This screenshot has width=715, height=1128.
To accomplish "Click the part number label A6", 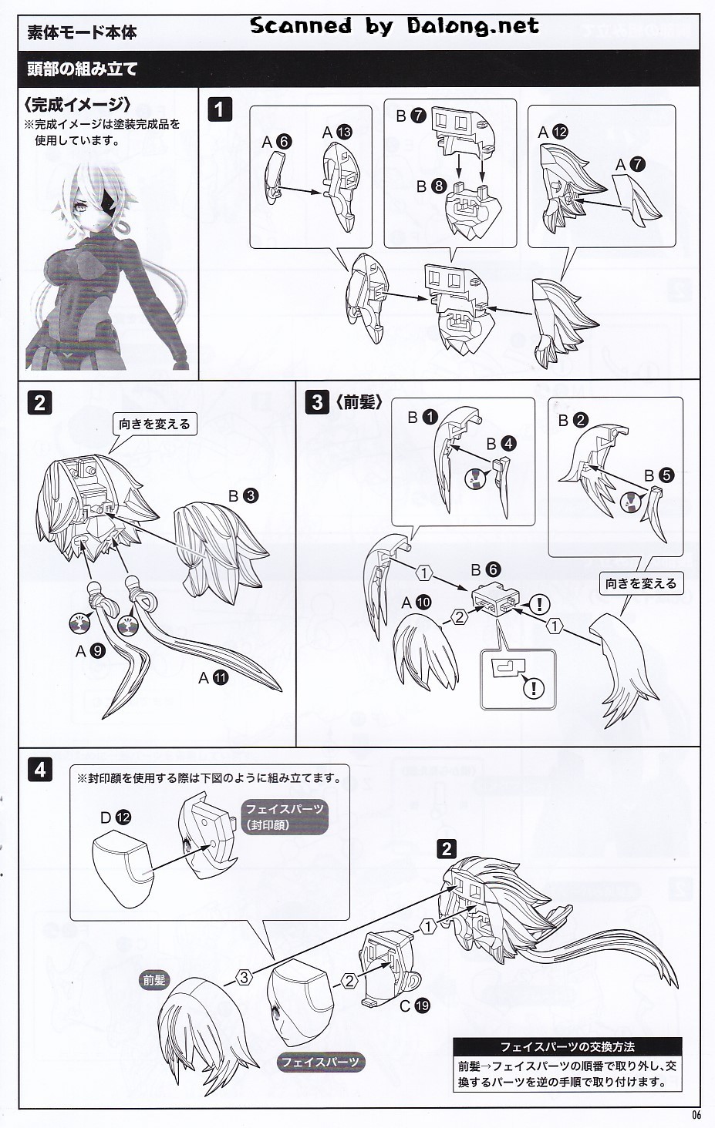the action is (277, 142).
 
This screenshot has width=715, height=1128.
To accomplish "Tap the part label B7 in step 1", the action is (411, 116).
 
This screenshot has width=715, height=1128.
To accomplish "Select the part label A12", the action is (552, 132).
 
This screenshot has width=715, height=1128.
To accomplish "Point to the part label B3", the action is (243, 496).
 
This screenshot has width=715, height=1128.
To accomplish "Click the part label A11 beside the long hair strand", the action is (214, 678).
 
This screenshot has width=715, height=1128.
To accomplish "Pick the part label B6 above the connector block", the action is (486, 569).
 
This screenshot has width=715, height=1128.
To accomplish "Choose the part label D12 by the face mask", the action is (116, 817).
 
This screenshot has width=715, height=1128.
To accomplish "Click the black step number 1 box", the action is (220, 109).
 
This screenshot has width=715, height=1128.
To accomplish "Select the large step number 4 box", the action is (40, 770).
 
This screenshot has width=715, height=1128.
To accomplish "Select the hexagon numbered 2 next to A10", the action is (460, 617).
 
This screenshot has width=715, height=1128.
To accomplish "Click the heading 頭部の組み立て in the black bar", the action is (83, 69).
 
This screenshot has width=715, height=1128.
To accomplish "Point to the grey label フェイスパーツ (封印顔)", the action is (284, 817).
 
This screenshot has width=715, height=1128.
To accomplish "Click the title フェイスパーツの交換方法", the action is (567, 1047).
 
